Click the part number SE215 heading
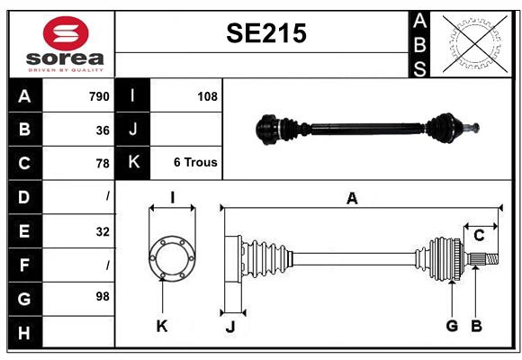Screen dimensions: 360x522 point(265,34)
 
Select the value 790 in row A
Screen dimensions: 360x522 point(99,96)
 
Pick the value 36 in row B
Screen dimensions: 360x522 point(103,130)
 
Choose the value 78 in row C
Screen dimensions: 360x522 point(103,163)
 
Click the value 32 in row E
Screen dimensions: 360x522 point(103,231)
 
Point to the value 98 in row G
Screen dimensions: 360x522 point(103,296)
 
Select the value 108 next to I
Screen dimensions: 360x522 point(207,96)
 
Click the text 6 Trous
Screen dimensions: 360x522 point(195,163)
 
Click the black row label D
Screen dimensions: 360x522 point(24,196)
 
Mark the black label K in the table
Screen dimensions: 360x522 point(133,163)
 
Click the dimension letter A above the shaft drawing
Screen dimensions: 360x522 point(352,199)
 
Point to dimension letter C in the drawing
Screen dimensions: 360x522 point(479,236)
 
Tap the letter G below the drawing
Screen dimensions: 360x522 point(452,326)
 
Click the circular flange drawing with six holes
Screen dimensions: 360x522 point(171,257)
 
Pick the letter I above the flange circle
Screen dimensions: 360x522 point(171,197)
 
